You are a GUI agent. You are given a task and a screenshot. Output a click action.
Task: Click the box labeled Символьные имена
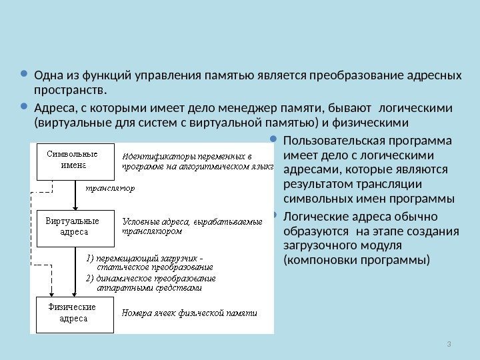71,161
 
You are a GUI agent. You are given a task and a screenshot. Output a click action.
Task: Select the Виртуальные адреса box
71,226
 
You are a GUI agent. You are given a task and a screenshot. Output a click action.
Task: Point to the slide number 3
450,343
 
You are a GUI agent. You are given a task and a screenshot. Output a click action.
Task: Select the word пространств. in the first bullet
70,89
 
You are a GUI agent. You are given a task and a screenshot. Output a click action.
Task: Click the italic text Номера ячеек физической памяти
189,312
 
